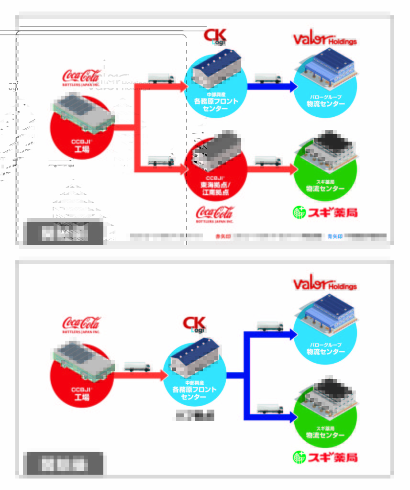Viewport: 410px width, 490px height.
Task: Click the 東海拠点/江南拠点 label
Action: click(215, 188)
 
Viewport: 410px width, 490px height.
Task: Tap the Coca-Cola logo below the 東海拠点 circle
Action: click(215, 214)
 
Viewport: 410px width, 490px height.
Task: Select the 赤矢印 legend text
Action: click(222, 236)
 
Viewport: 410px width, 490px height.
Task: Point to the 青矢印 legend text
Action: click(335, 236)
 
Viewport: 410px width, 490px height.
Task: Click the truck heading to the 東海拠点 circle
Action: click(161, 161)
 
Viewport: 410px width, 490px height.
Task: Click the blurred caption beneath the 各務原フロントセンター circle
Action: click(194, 415)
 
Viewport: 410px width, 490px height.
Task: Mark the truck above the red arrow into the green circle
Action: click(268, 161)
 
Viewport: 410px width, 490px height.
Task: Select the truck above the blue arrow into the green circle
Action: click(270, 409)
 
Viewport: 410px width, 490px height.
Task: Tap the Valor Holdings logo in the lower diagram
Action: click(325, 284)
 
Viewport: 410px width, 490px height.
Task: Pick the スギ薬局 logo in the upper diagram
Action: click(325, 212)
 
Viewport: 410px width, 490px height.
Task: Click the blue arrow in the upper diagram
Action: click(270, 87)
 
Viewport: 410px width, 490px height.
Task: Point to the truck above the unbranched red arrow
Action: click(137, 367)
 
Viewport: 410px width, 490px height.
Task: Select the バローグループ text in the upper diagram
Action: click(325, 97)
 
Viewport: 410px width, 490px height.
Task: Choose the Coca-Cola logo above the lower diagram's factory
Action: click(81, 324)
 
